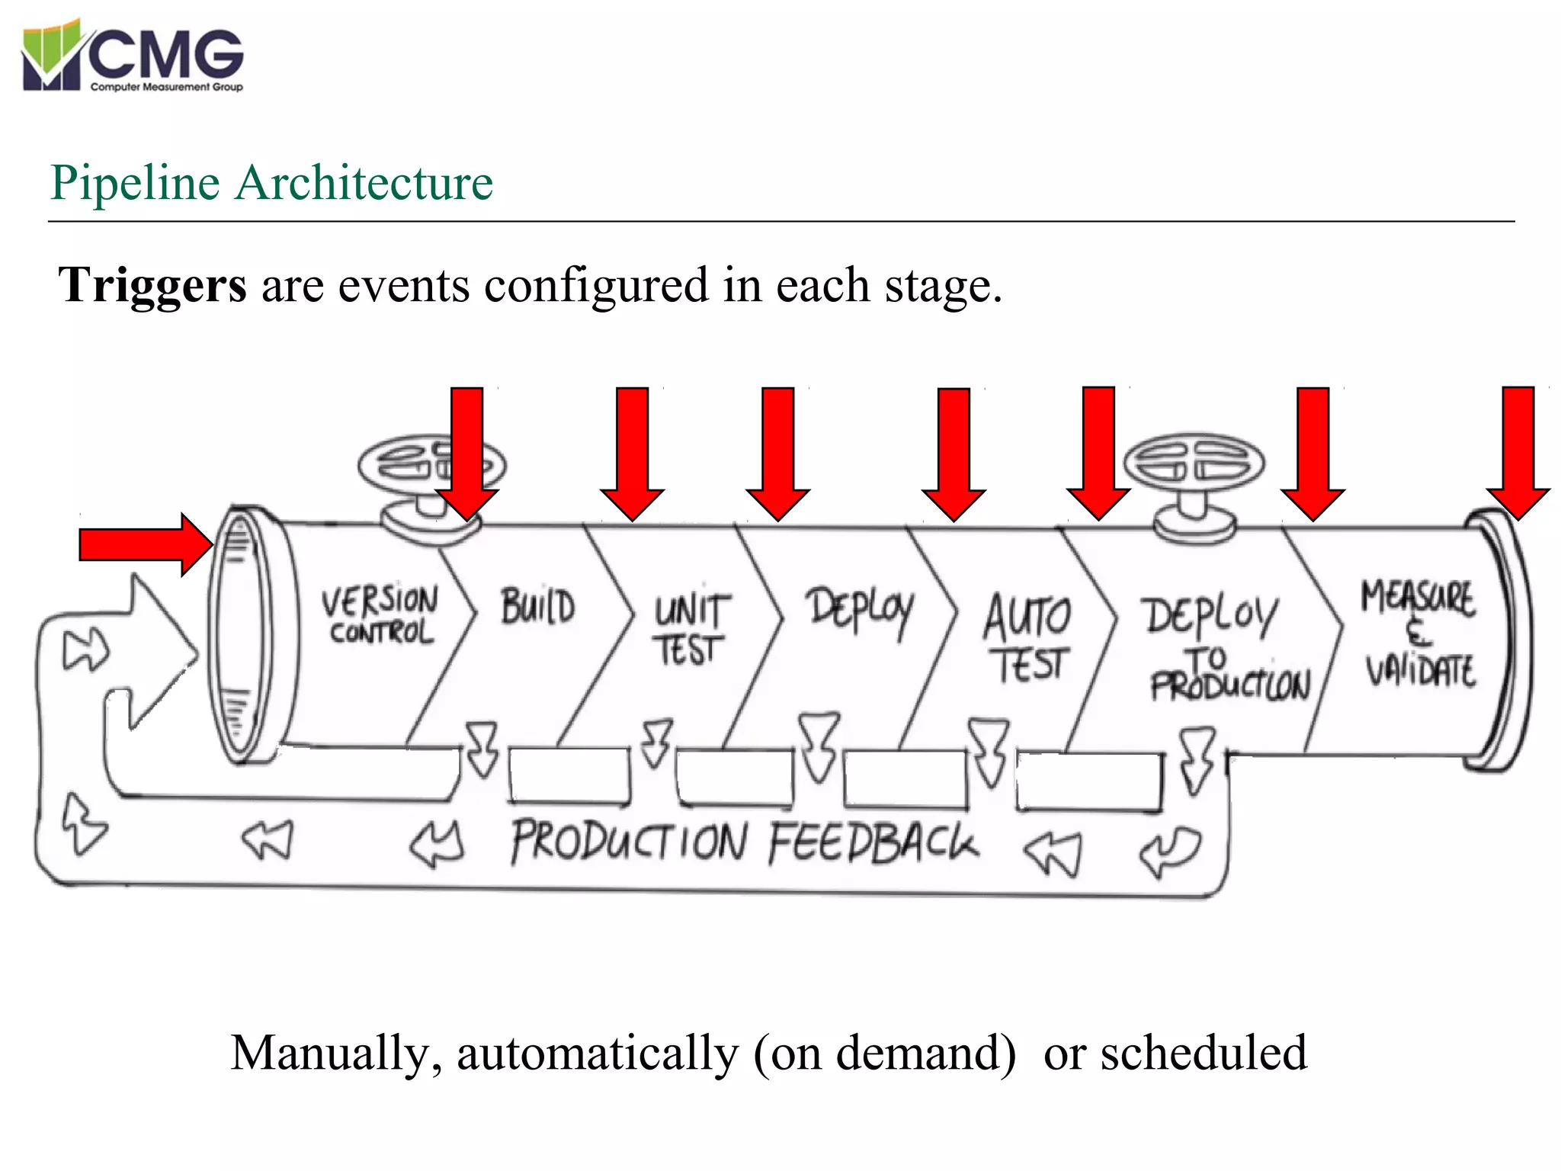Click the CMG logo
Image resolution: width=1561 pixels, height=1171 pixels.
(x=133, y=57)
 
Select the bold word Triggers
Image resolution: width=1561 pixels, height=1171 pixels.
(x=152, y=285)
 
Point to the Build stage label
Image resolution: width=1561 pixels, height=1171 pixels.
(x=537, y=607)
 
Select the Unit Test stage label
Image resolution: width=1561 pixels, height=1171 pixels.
(x=690, y=629)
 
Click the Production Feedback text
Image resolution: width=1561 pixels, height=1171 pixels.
(x=743, y=842)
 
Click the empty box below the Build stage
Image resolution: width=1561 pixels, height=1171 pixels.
(x=569, y=775)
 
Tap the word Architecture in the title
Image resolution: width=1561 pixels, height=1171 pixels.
(x=364, y=183)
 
